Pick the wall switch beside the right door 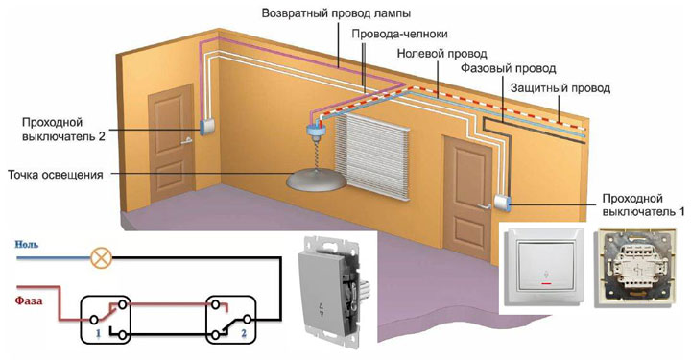pyautogui.click(x=503, y=203)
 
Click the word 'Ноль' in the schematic pyautogui.click(x=27, y=246)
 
